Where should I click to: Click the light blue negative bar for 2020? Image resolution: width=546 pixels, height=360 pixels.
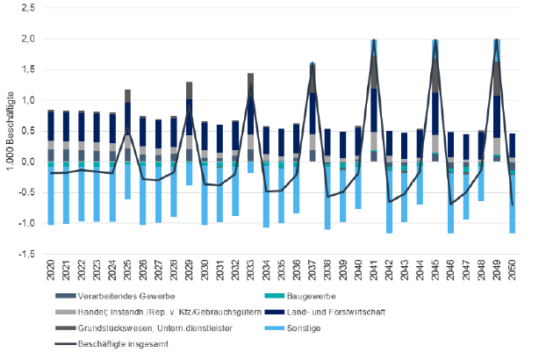point(51,195)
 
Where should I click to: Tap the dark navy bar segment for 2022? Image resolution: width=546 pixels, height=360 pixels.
point(83,126)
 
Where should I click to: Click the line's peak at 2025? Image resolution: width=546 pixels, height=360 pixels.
point(127,133)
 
